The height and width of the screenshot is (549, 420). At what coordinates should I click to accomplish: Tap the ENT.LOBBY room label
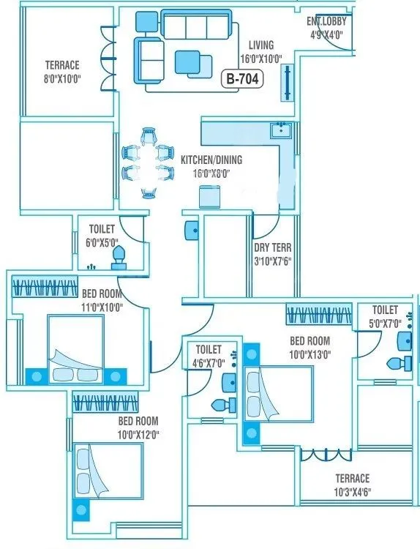pyautogui.click(x=326, y=27)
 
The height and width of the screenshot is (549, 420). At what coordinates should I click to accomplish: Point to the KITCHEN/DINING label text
pyautogui.click(x=211, y=165)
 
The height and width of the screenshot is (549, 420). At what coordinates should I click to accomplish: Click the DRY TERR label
pyautogui.click(x=272, y=253)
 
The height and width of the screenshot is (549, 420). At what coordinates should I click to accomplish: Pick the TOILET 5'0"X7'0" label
pyautogui.click(x=384, y=316)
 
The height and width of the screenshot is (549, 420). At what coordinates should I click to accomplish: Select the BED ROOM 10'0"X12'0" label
pyautogui.click(x=138, y=427)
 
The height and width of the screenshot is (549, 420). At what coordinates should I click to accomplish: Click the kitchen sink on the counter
pyautogui.click(x=280, y=132)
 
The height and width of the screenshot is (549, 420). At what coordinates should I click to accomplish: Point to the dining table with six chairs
pyautogui.click(x=149, y=163)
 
